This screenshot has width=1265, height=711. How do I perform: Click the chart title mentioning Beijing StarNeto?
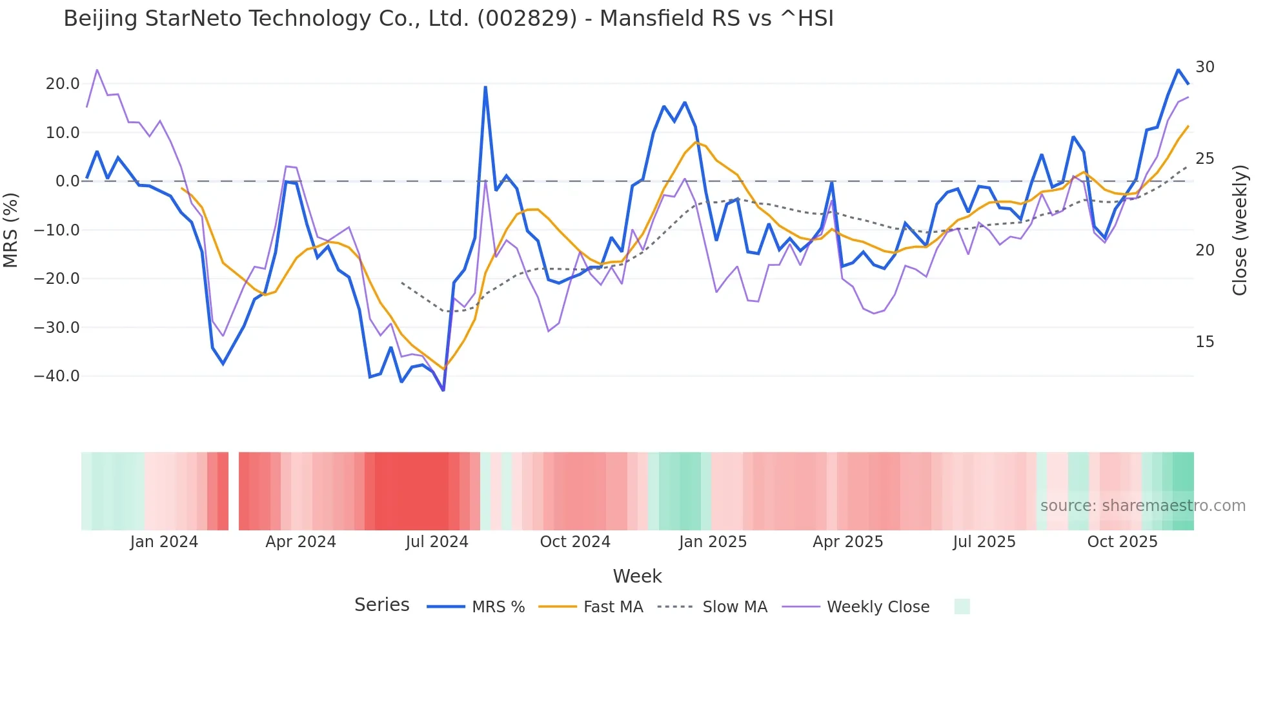click(448, 19)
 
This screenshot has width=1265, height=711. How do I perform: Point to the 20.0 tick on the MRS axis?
click(63, 84)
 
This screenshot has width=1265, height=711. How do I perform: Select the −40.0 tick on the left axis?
click(57, 376)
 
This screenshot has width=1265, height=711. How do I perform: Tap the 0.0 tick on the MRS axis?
click(67, 181)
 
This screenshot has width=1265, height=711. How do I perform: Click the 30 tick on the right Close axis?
click(1204, 67)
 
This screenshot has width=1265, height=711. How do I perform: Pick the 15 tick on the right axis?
click(1204, 342)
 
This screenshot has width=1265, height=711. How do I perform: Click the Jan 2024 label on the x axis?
click(164, 542)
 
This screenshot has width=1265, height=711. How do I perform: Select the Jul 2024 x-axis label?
click(437, 542)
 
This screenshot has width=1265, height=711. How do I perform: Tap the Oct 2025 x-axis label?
click(1122, 542)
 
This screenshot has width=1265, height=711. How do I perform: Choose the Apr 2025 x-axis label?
click(847, 542)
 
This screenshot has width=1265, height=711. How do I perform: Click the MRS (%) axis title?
click(11, 230)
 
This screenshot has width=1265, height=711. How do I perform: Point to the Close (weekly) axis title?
click(1239, 230)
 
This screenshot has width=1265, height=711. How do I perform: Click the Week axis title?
click(637, 576)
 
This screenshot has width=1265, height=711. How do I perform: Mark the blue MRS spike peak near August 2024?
click(485, 87)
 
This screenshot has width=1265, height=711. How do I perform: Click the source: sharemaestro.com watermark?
click(1142, 506)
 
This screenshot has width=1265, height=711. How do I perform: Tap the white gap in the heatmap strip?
click(234, 491)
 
